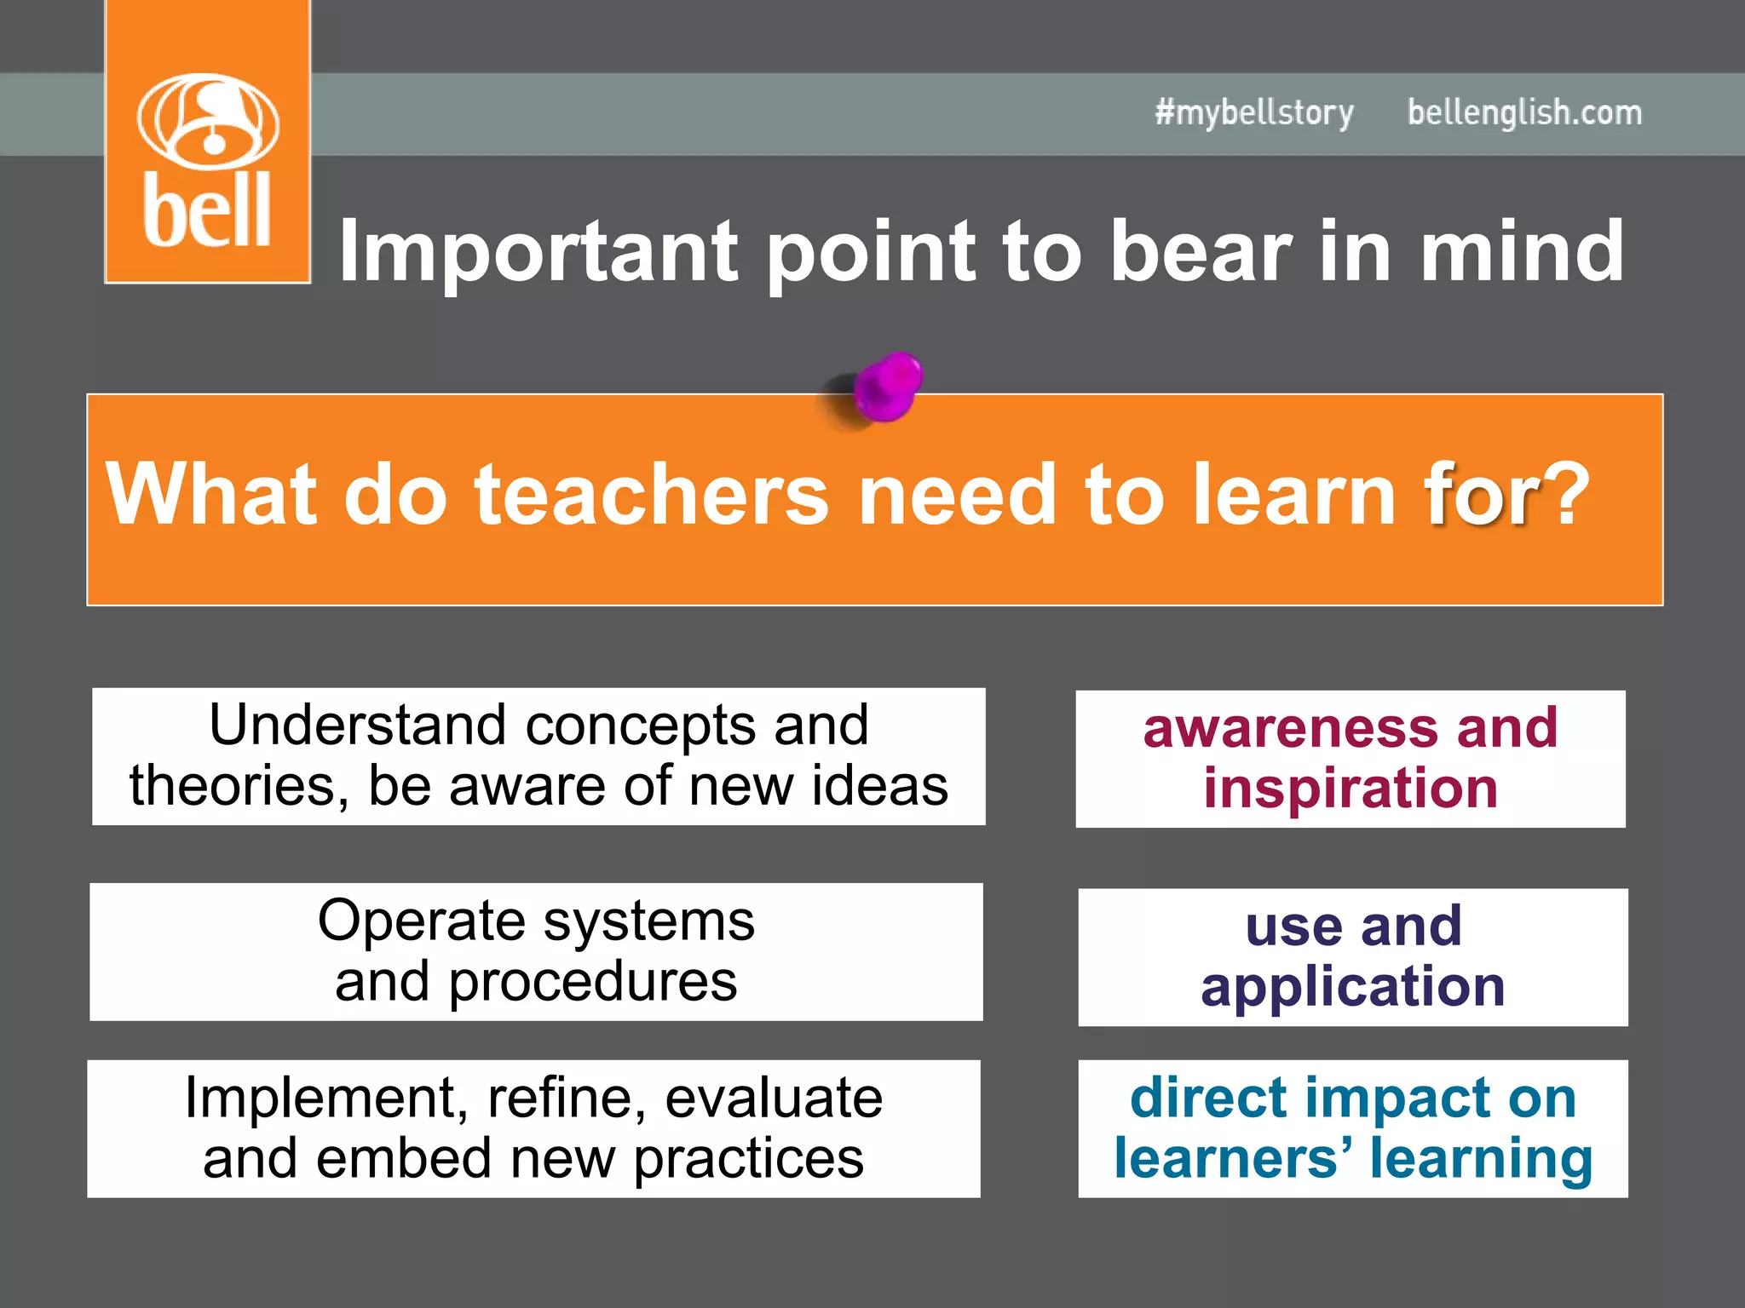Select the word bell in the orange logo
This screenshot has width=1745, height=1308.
coord(207,210)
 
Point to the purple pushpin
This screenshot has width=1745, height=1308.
coord(886,387)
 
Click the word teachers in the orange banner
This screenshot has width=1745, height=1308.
coord(651,494)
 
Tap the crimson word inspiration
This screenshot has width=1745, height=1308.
coord(1351,789)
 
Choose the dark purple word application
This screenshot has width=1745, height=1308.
coord(1353,987)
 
